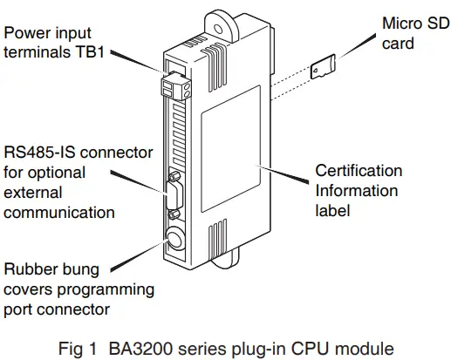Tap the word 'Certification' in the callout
[359, 171]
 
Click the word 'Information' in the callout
[356, 190]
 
